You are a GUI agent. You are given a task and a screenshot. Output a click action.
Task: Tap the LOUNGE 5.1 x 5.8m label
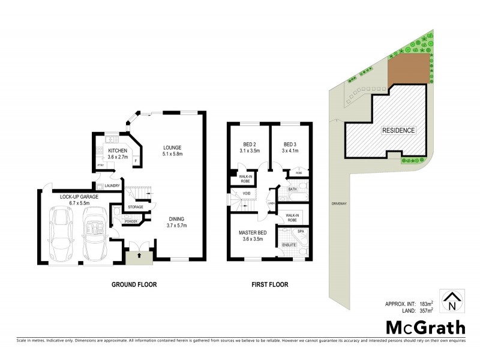point(173,151)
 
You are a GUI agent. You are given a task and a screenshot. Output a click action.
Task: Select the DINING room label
point(177,222)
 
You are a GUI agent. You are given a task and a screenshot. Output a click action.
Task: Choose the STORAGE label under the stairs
point(135,208)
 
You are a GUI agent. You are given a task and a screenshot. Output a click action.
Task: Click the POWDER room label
point(131,222)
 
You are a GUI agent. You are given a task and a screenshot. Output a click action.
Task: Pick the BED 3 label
point(290,148)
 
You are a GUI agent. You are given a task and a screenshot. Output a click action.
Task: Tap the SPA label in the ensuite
point(301,231)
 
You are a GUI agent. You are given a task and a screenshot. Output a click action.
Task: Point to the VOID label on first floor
point(246,193)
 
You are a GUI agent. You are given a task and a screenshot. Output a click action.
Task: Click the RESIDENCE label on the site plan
point(398,130)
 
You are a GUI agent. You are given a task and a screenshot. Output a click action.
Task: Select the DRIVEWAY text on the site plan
point(339,203)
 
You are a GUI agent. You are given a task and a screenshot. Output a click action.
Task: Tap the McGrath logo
point(425,327)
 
